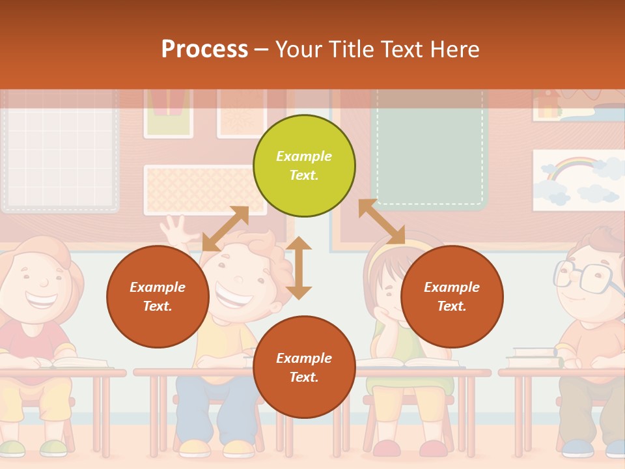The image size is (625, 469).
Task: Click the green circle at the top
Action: tap(304, 165)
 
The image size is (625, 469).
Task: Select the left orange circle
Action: tap(158, 296)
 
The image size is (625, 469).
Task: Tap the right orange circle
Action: tap(452, 296)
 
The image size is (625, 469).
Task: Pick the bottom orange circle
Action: tap(304, 367)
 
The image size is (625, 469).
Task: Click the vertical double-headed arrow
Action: tap(299, 268)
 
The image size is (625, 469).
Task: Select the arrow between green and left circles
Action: tap(225, 229)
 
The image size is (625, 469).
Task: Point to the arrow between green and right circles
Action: tap(382, 221)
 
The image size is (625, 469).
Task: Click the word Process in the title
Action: tap(204, 49)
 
